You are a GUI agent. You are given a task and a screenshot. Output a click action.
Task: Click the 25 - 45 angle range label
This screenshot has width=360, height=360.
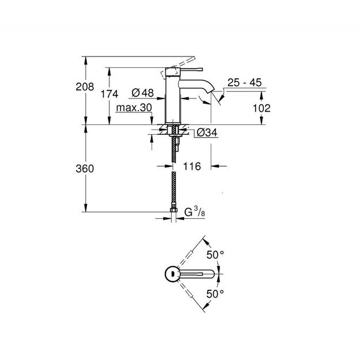244,84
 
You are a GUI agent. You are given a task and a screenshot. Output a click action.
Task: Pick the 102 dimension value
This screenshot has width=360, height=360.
262,108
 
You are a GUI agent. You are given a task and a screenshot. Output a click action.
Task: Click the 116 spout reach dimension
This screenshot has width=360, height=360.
191,166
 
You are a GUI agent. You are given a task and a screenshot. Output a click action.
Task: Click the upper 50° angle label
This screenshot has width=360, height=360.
216,254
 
